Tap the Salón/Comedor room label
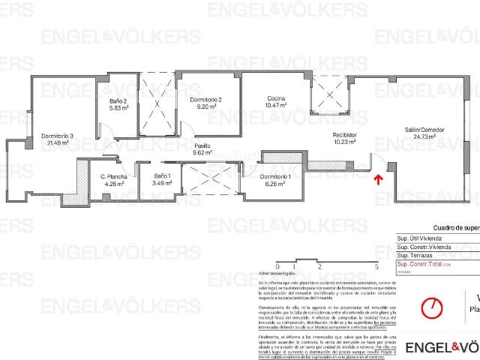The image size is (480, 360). (x=425, y=129)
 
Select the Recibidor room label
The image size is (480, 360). (x=346, y=135)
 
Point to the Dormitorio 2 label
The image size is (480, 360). (x=205, y=99)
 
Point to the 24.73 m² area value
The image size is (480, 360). (x=425, y=136)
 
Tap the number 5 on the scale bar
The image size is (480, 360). (x=375, y=266)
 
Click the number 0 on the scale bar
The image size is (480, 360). (x=277, y=266)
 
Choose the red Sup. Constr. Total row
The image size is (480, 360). (x=427, y=265)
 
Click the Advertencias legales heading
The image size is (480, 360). (x=296, y=274)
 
